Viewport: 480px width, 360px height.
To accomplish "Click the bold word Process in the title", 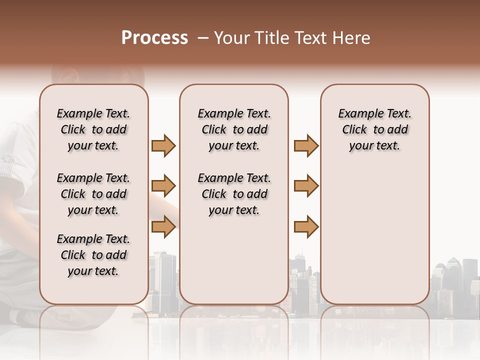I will [x=154, y=38].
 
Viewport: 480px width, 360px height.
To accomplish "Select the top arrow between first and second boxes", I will [x=163, y=146].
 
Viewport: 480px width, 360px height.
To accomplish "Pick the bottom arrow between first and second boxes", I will [x=163, y=227].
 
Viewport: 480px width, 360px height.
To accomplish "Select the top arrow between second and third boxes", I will [x=306, y=146].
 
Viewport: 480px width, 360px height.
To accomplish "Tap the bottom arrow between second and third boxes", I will [x=306, y=227].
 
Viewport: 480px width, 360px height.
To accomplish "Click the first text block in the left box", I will [x=93, y=129].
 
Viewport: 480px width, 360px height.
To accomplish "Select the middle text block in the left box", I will [x=93, y=194].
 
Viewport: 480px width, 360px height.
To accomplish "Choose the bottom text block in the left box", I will [x=93, y=255].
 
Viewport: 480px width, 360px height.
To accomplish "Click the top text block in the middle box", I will [x=234, y=129].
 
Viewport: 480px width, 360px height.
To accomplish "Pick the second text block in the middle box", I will [x=234, y=194].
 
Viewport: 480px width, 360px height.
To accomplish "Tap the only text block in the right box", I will [x=375, y=129].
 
